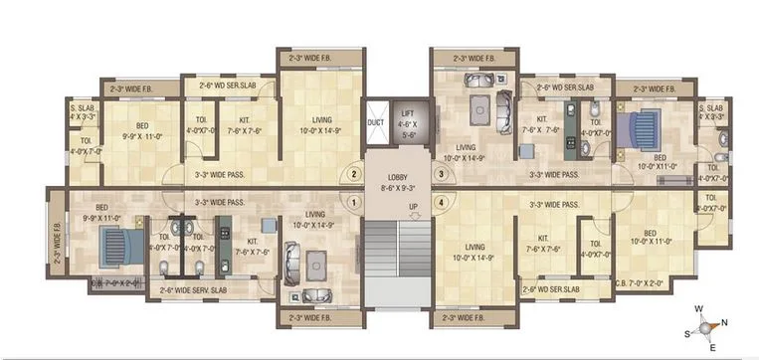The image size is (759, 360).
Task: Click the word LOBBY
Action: [x=397, y=175]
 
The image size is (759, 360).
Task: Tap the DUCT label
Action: [x=375, y=123]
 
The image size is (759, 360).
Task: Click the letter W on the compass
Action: [x=699, y=308]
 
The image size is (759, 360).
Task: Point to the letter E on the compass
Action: [x=712, y=346]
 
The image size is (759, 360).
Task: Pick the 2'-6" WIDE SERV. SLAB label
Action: [x=194, y=289]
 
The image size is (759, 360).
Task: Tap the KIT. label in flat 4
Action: [x=544, y=239]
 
